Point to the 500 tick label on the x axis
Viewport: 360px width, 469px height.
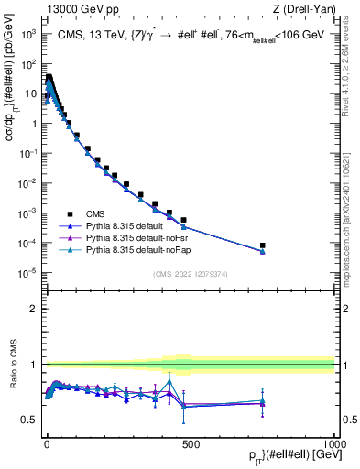coord(190,442)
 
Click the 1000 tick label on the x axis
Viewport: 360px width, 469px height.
coord(333,442)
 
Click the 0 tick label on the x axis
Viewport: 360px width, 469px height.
coord(46,442)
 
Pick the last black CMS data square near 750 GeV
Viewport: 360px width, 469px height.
coord(262,245)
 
